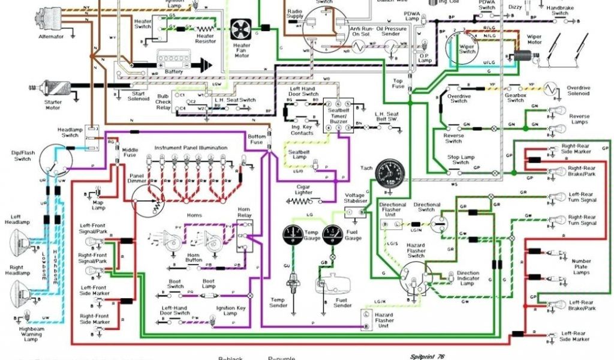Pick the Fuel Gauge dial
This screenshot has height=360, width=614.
click(x=331, y=233)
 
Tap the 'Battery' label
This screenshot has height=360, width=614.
click(x=173, y=71)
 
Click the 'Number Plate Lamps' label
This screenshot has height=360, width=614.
click(x=581, y=266)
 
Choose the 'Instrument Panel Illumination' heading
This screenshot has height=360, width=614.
click(x=191, y=148)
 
